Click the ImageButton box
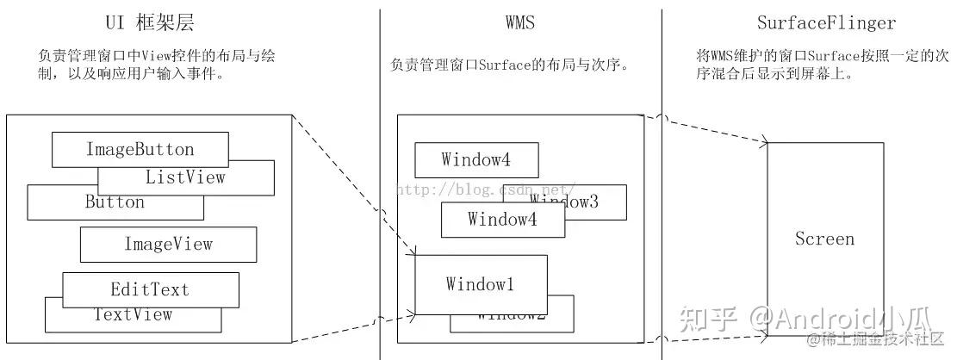[x=140, y=149]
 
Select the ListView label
[x=185, y=177]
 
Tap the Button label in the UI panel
[x=115, y=203]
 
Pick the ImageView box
[x=168, y=244]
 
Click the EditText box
[x=150, y=289]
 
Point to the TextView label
[x=133, y=314]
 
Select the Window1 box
[x=481, y=284]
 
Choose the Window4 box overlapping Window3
[x=502, y=219]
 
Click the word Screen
[x=824, y=239]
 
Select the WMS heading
[x=519, y=23]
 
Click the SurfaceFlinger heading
[x=802, y=23]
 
